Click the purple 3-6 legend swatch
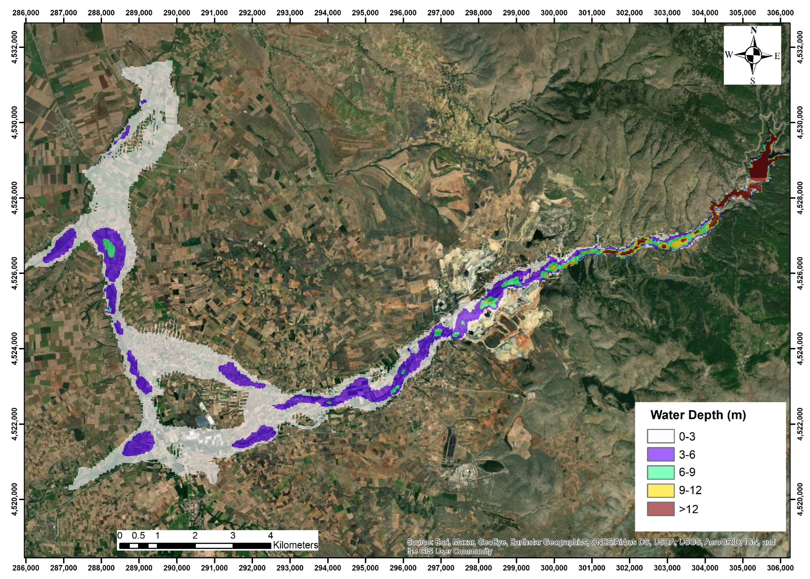coord(660,454)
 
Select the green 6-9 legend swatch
coord(660,472)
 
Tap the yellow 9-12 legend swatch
coord(660,490)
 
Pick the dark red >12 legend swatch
coord(660,509)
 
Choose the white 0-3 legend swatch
coord(660,436)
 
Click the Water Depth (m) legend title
coord(698,415)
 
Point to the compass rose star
coord(753,55)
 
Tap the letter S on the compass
coord(752,81)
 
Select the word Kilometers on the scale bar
coord(295,545)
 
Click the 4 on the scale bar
coord(271,535)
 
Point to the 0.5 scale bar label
coord(138,535)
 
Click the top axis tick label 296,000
coord(403,13)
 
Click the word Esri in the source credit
coord(443,542)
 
